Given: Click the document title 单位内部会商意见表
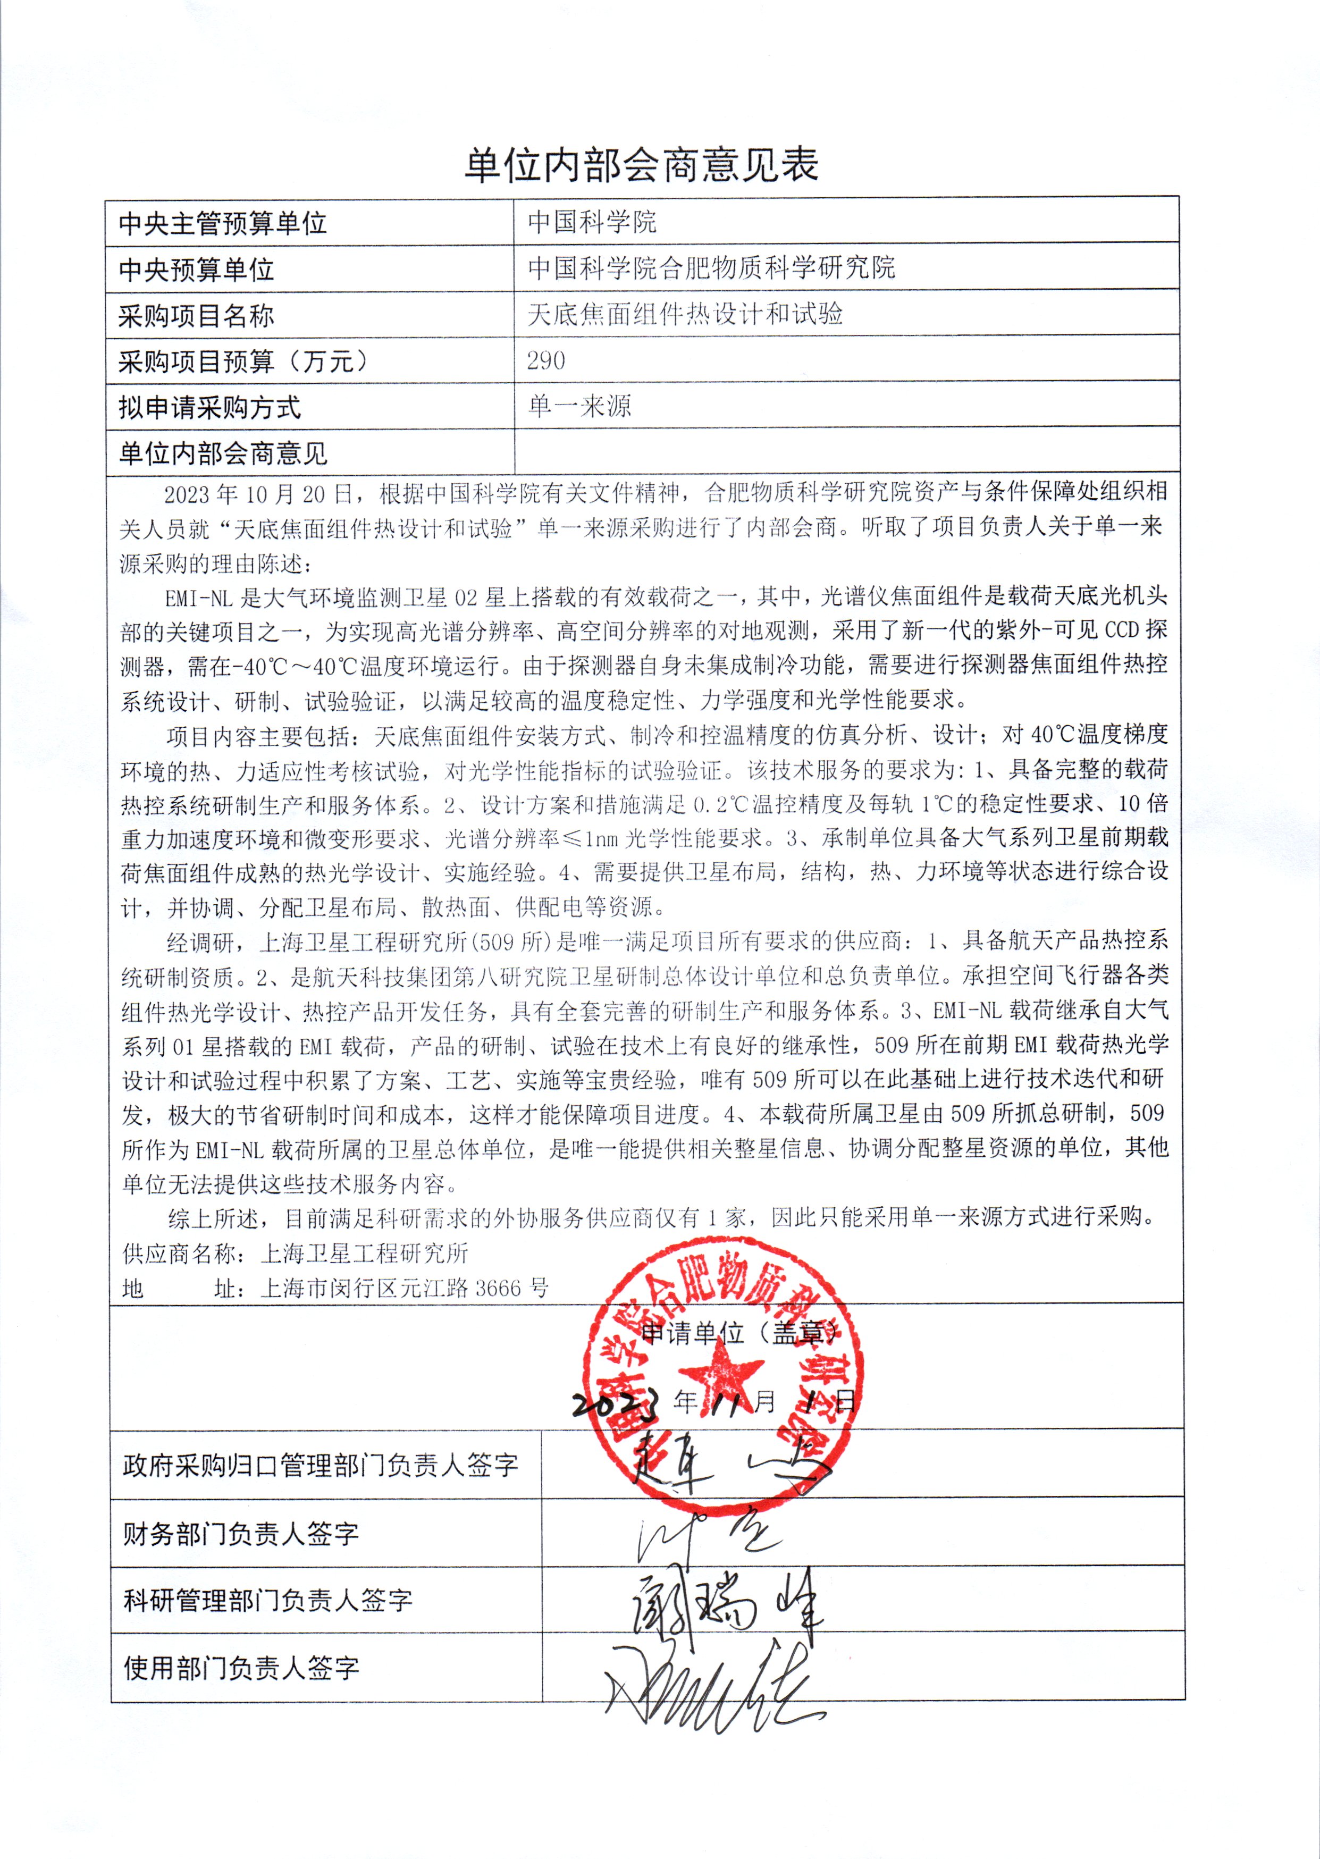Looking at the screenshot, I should click(641, 166).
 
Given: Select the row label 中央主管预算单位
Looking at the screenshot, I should click(223, 223).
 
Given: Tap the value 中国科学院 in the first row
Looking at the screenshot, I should click(592, 221).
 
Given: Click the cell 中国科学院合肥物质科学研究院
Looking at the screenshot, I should click(711, 267).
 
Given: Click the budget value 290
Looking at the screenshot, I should click(545, 360).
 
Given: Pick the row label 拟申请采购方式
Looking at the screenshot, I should click(209, 407).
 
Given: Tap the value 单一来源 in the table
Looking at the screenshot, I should click(579, 406).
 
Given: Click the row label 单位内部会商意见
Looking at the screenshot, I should click(223, 453).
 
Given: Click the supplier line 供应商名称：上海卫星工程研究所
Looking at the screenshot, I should click(295, 1252).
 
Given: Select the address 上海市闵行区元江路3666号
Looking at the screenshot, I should click(404, 1288).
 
